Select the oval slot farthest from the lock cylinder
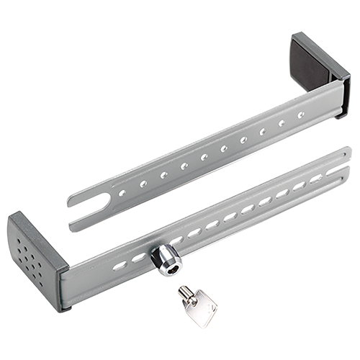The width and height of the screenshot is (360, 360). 315,179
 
